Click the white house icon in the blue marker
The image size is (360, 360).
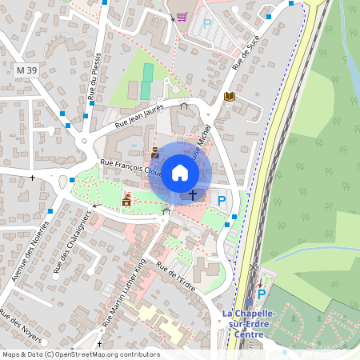coord(180,173)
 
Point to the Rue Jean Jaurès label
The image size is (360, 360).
coord(139,117)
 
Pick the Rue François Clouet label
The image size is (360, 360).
coord(131,168)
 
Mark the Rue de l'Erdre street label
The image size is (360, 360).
coord(176,276)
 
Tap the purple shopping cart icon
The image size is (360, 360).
coord(182,17)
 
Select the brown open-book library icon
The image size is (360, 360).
coord(230,97)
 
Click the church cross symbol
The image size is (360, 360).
coord(192,194)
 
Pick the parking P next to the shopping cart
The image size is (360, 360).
coord(207,24)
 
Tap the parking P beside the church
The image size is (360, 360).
coord(222,200)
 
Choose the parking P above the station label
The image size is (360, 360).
coord(261,294)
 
